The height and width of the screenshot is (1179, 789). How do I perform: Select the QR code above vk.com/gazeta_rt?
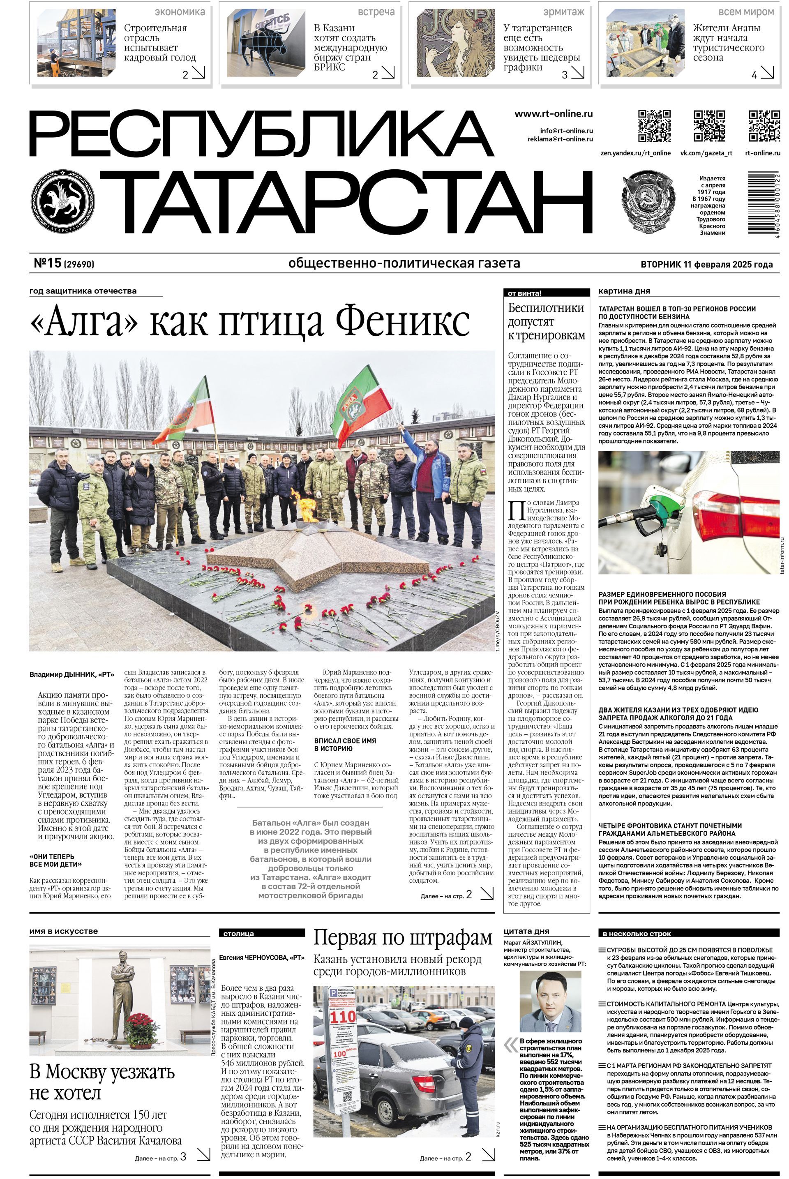coord(710,126)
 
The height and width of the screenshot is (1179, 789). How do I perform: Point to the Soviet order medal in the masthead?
coord(650,199)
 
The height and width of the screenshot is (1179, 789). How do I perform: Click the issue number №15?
coord(48,263)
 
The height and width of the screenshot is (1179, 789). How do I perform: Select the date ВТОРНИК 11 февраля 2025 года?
coord(706,264)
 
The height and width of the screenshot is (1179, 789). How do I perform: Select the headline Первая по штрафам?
coord(403,939)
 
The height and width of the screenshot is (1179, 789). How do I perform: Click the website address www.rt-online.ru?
coord(553,114)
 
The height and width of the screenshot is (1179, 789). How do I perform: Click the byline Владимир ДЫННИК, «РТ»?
coord(72,674)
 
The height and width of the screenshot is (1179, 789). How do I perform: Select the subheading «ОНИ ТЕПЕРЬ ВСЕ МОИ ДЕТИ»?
coord(55,860)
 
